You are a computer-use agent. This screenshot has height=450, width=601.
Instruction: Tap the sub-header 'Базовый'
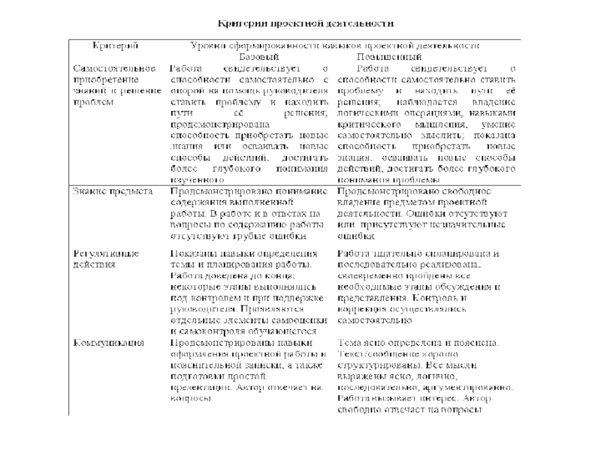click(x=258, y=57)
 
